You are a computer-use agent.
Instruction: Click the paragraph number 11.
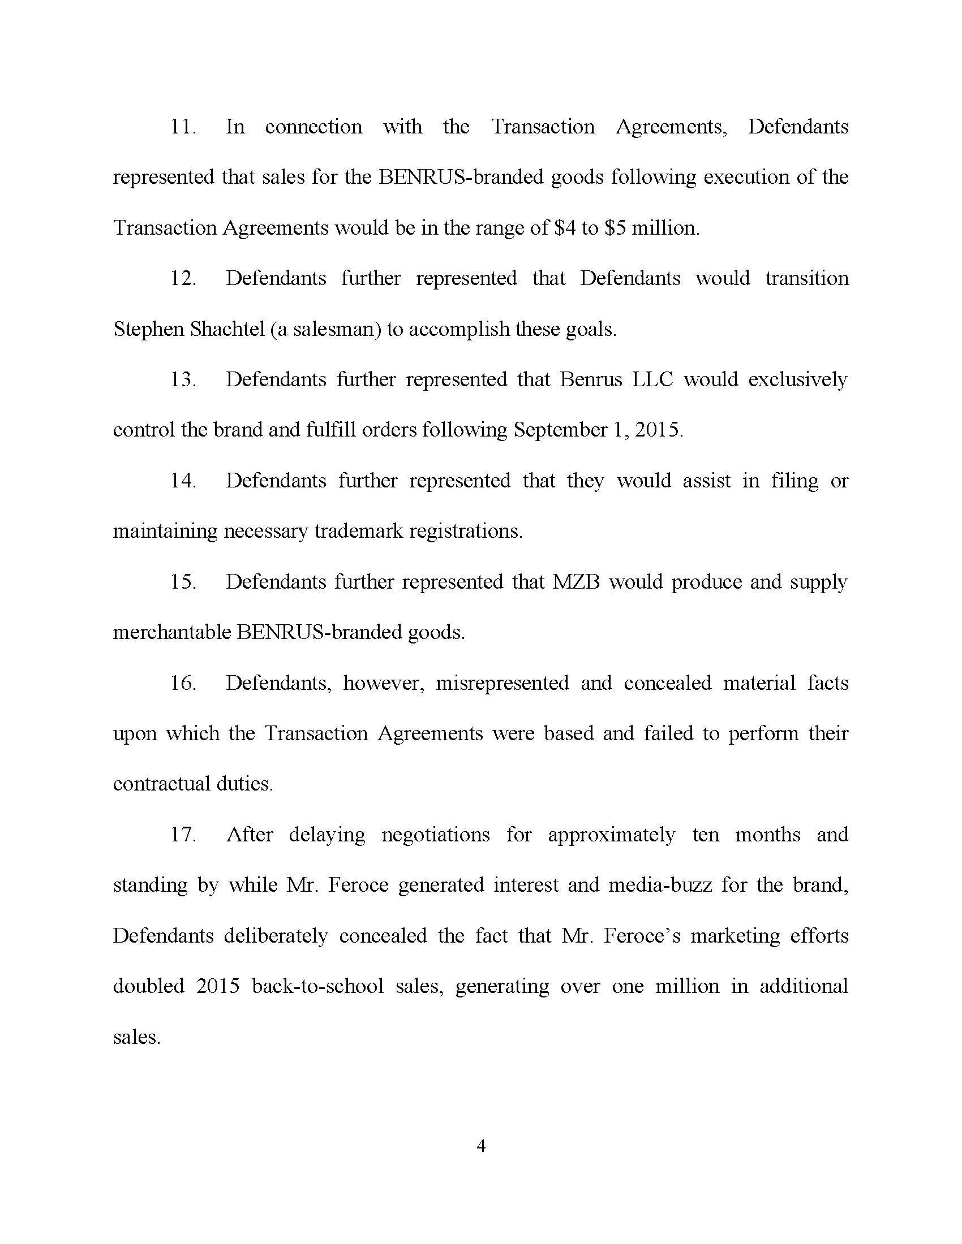[183, 127]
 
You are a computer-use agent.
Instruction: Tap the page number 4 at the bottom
[480, 1146]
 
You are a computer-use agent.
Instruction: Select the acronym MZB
[576, 581]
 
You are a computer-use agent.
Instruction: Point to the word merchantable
[171, 632]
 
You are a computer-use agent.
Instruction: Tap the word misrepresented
[502, 683]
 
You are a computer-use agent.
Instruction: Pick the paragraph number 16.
[183, 683]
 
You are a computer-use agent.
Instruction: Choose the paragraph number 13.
[183, 379]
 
